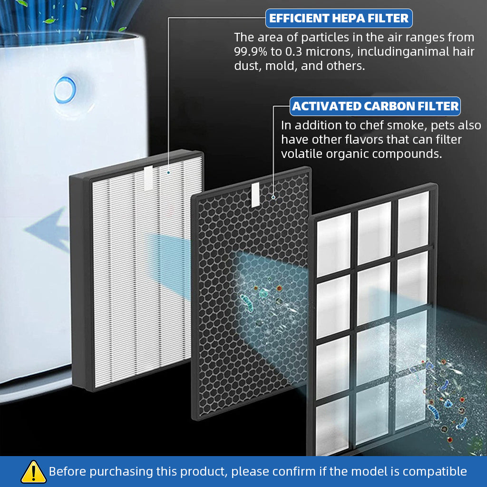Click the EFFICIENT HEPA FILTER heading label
click(x=339, y=19)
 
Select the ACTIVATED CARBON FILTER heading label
click(x=376, y=106)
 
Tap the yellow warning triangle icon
click(x=33, y=471)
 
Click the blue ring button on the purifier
click(x=65, y=90)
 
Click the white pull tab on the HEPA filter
click(x=147, y=175)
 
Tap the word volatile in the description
click(x=302, y=154)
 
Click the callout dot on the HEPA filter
click(x=168, y=172)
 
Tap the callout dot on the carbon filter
click(x=273, y=196)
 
